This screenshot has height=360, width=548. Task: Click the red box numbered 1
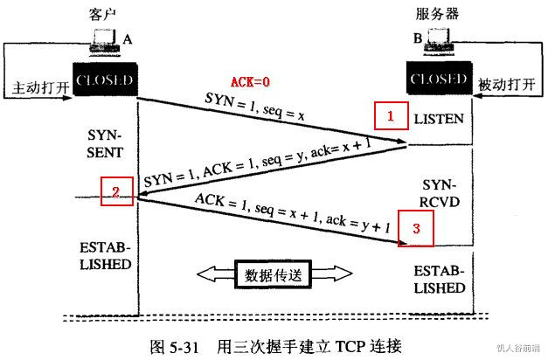(391, 115)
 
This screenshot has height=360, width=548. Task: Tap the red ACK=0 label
(250, 82)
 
